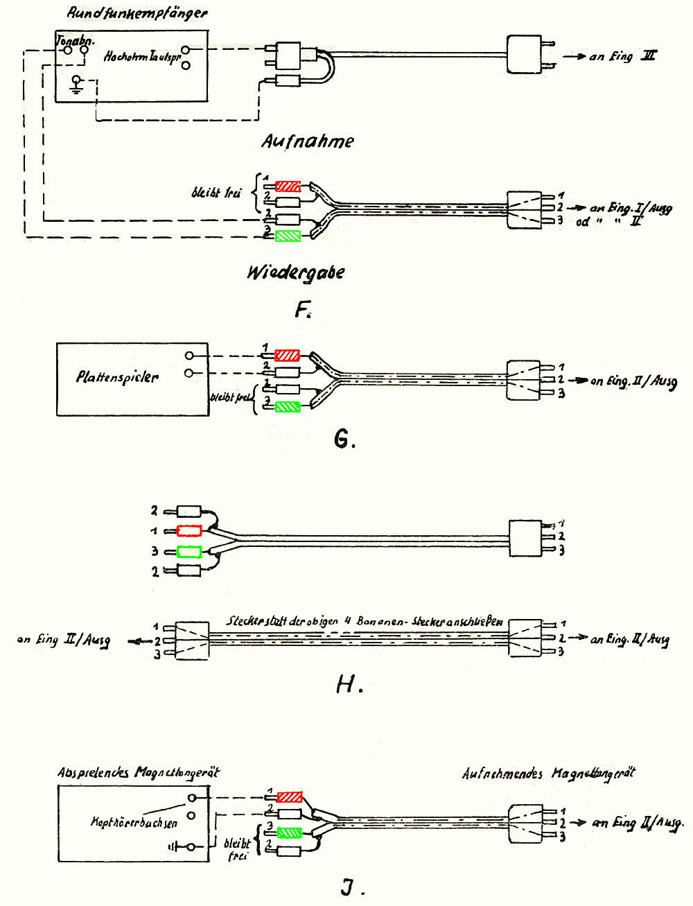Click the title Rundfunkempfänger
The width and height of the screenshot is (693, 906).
137,13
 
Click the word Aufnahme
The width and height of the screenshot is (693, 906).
307,141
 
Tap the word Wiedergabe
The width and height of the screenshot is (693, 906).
296,272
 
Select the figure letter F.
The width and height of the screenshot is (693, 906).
302,309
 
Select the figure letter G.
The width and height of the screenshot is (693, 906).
344,439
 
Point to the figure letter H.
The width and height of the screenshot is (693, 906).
348,685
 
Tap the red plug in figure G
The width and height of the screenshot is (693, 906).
288,356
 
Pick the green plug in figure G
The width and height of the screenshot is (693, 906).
288,407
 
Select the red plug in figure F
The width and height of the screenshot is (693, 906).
288,186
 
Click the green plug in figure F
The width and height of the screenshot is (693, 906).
288,236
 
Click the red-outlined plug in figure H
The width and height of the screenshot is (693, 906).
189,531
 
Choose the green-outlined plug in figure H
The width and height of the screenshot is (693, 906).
189,552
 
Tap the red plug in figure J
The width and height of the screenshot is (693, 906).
289,797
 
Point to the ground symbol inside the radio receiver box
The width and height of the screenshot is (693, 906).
77,85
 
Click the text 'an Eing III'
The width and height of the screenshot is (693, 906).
622,56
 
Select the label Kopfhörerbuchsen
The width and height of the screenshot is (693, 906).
134,823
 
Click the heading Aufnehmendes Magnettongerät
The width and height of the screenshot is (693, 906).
548,774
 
